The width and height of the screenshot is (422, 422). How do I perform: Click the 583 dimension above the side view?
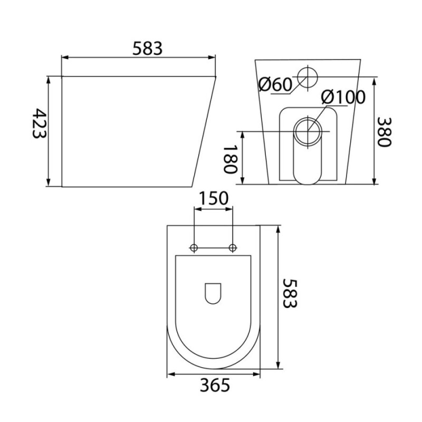click(x=148, y=49)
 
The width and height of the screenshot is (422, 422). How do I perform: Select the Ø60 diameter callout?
click(x=275, y=84)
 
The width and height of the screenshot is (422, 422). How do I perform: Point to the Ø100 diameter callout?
click(x=343, y=97)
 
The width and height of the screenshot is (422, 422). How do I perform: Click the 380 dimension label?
click(x=383, y=132)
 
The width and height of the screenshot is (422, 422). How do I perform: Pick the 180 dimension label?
click(x=231, y=159)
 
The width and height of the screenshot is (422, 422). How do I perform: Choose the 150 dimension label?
click(x=214, y=198)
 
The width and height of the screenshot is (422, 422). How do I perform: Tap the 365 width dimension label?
click(x=215, y=385)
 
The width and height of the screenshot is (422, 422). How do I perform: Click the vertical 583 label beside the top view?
click(x=290, y=293)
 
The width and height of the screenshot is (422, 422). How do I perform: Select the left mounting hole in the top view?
click(x=194, y=247)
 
